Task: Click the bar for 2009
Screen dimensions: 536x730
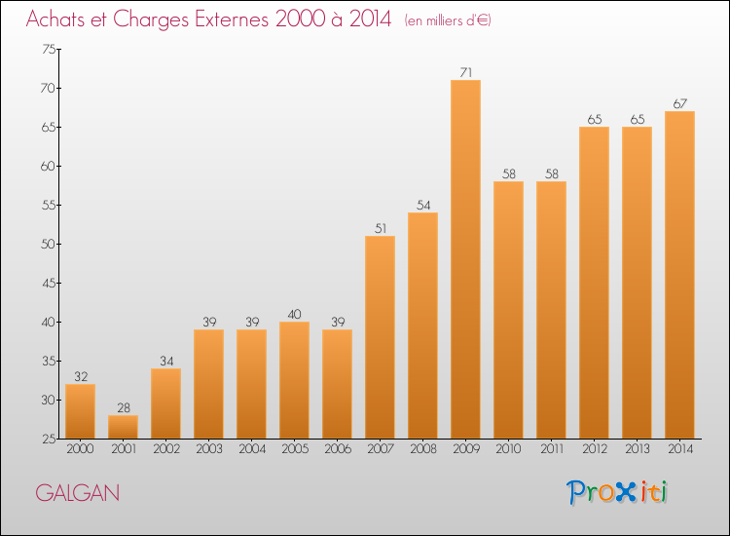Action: click(x=465, y=259)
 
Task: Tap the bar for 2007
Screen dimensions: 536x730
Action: click(x=380, y=337)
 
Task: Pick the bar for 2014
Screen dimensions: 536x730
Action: click(x=679, y=275)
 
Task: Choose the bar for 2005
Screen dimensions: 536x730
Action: click(x=294, y=380)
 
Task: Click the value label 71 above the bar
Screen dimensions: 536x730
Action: click(x=465, y=71)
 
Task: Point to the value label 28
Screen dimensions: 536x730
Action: click(x=123, y=407)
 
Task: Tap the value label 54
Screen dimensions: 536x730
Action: click(x=422, y=205)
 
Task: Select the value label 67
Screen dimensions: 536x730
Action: click(x=679, y=103)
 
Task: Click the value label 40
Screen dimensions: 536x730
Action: click(x=294, y=314)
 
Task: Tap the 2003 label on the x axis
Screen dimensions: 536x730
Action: click(x=208, y=449)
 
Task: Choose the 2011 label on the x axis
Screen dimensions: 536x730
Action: click(x=551, y=449)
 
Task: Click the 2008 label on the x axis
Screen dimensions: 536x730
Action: click(x=422, y=449)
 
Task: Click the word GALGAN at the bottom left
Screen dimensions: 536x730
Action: click(x=78, y=493)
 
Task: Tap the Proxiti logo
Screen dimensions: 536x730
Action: click(x=618, y=492)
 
